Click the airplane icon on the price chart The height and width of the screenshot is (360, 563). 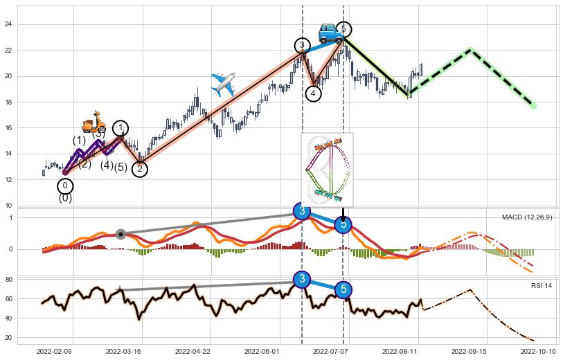point(223,84)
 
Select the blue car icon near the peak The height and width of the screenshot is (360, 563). point(329,33)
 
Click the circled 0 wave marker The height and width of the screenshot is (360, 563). point(64,186)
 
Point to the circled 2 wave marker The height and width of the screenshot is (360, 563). point(140,169)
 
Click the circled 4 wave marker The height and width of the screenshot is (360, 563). point(313,93)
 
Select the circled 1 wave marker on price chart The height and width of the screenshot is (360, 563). point(120,127)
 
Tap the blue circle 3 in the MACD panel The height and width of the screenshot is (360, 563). point(302,211)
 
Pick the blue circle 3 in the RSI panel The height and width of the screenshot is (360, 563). point(302,279)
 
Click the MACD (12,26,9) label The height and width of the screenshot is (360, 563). point(527,217)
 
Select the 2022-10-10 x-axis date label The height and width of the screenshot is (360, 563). point(537,351)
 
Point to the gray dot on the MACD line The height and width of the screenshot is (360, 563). point(120,234)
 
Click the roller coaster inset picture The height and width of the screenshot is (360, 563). point(327,169)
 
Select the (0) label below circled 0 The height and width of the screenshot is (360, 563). point(65,198)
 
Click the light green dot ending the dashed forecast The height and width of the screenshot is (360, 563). point(533,105)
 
